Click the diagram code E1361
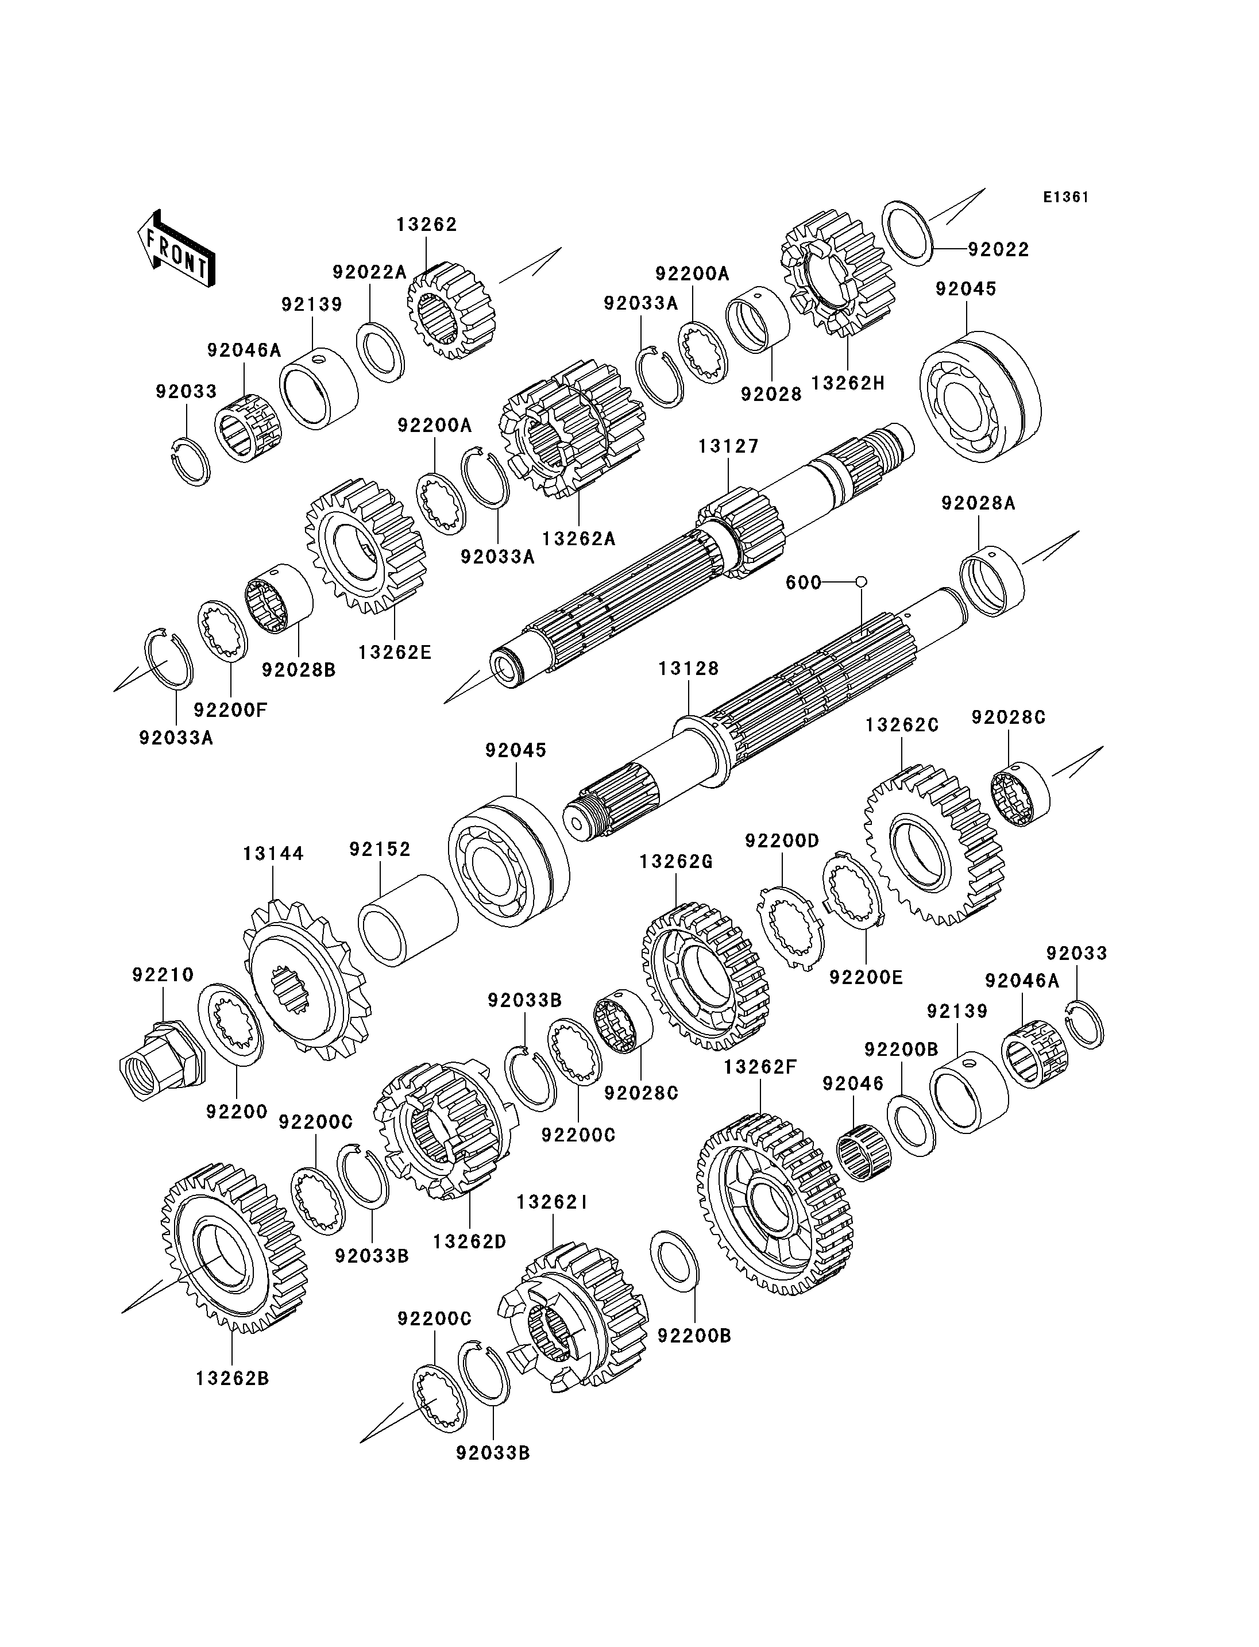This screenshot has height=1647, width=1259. click(1065, 197)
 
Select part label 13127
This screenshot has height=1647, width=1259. click(728, 446)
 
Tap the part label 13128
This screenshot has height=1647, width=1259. click(688, 669)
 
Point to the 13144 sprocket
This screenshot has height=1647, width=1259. click(306, 981)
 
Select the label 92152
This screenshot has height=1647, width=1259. click(380, 850)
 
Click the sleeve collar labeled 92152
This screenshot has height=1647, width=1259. click(408, 920)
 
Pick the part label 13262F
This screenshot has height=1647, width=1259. click(760, 1067)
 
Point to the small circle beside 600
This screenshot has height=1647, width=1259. click(861, 582)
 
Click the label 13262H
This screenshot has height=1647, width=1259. click(848, 383)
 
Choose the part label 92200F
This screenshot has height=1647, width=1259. click(230, 709)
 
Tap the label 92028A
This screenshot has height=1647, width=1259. click(978, 503)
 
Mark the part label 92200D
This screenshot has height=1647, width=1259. click(782, 840)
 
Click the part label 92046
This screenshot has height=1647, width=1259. click(853, 1083)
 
